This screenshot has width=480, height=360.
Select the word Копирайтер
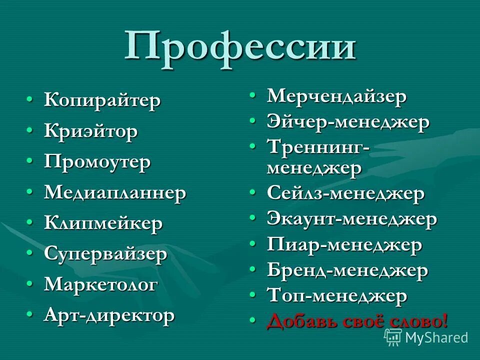tap(102, 100)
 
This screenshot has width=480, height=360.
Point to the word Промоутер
tap(97, 162)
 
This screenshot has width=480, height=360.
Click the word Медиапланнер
tap(115, 193)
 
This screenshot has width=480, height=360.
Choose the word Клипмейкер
tap(103, 223)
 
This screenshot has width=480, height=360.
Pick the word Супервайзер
tap(105, 254)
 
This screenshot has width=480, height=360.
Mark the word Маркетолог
tap(101, 285)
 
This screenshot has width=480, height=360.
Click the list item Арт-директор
tap(109, 316)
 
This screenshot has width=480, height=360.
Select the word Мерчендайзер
tap(337, 96)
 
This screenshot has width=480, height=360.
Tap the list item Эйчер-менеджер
tap(348, 122)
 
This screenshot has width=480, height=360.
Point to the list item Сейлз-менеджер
tap(346, 193)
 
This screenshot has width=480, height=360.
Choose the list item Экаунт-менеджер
tap(352, 219)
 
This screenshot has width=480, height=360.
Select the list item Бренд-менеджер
tap(347, 271)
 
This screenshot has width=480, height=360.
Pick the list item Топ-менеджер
tap(337, 296)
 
